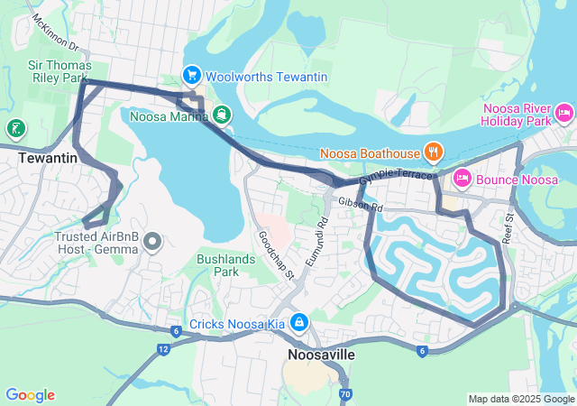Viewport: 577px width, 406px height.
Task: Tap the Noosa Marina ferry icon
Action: [222, 115]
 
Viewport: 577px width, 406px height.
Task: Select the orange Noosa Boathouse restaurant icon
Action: [434, 152]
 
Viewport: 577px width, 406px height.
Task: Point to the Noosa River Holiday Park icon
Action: [564, 114]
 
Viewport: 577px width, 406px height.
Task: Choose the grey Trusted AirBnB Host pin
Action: [151, 240]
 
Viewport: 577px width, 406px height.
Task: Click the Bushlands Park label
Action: [230, 265]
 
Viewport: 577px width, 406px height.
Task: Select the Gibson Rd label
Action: [362, 207]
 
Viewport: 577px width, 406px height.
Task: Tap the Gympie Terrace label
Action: [396, 178]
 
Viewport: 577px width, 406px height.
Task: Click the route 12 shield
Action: [162, 348]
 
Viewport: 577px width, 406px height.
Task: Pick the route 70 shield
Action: [346, 394]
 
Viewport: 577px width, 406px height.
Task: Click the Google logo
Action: [30, 395]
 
